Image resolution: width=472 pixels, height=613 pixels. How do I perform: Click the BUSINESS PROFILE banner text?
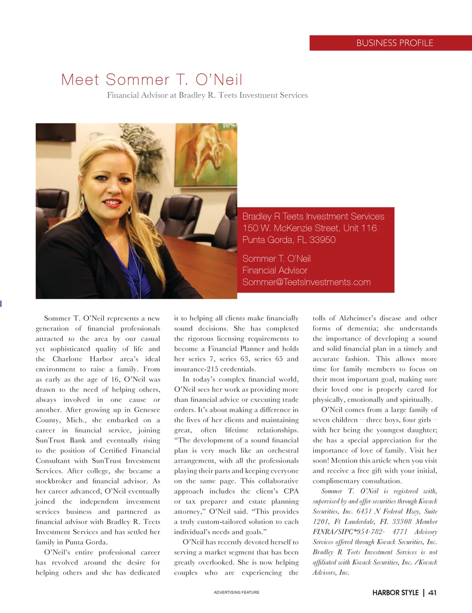point(395,43)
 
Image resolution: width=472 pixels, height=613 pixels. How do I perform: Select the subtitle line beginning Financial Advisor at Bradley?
point(207,95)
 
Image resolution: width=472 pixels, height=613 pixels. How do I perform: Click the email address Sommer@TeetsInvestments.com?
point(306,282)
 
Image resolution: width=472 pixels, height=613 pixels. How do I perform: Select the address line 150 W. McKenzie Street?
point(309,228)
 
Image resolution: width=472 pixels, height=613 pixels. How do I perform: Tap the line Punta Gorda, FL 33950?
point(289,240)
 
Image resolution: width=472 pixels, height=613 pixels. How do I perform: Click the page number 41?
point(432,593)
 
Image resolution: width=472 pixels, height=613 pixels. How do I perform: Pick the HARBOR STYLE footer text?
point(395,593)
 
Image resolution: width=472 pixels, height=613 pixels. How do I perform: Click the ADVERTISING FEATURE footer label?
point(236,592)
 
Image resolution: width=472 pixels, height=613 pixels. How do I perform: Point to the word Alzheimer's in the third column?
point(358,318)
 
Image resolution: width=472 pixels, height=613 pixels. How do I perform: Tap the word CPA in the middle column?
point(291,491)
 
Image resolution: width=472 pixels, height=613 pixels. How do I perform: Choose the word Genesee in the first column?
point(147,410)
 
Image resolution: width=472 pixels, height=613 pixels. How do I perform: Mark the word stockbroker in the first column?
point(53,481)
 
